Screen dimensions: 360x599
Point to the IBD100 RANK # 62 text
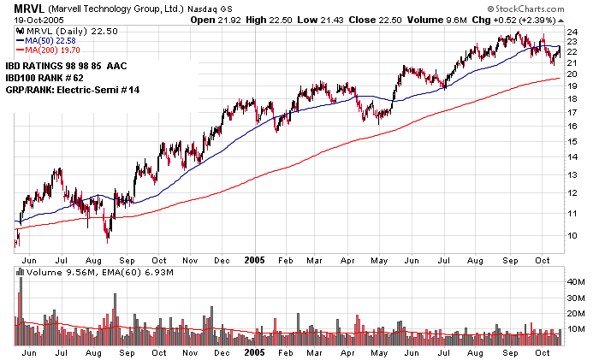(x=51, y=77)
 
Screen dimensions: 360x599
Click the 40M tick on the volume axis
(x=577, y=281)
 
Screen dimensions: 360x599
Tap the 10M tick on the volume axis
(x=577, y=329)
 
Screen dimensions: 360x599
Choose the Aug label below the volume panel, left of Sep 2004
(x=92, y=352)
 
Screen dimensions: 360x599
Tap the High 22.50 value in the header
(x=258, y=20)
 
